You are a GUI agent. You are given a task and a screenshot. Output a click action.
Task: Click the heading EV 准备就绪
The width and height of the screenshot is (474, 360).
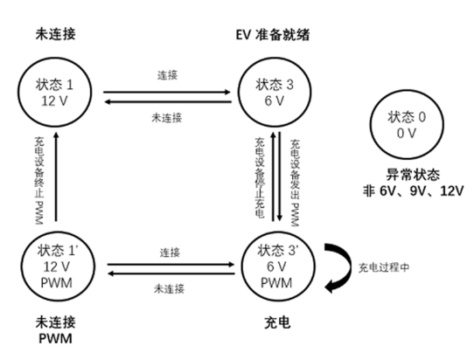273,35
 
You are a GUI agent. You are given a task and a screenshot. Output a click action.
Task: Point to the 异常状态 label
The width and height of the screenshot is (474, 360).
413,175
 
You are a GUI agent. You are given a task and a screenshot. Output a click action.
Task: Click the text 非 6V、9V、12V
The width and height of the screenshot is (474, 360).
413,190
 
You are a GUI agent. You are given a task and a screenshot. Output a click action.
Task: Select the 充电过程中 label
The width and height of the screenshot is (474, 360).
384,267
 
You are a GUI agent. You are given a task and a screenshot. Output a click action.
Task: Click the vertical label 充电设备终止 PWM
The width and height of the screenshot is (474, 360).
39,181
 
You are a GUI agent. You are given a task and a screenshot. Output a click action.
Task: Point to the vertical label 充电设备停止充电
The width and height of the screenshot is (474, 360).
260,178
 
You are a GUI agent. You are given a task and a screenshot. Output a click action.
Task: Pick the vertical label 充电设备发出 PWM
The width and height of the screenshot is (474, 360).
295,183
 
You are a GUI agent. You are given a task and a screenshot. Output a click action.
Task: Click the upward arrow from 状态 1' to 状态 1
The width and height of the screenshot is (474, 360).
56,177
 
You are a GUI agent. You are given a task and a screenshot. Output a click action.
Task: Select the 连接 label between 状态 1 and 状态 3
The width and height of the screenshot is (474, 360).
167,75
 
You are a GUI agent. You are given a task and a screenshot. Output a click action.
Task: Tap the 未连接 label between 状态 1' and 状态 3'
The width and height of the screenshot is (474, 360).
169,288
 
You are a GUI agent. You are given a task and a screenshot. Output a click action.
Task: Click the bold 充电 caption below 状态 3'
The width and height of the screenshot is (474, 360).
277,322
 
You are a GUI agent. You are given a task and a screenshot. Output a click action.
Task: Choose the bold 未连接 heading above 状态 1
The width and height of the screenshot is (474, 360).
55,34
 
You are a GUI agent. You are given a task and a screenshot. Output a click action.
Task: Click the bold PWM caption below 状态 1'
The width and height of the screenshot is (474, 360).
56,338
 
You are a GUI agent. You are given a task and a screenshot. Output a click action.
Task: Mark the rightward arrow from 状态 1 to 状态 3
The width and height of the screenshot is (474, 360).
167,92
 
